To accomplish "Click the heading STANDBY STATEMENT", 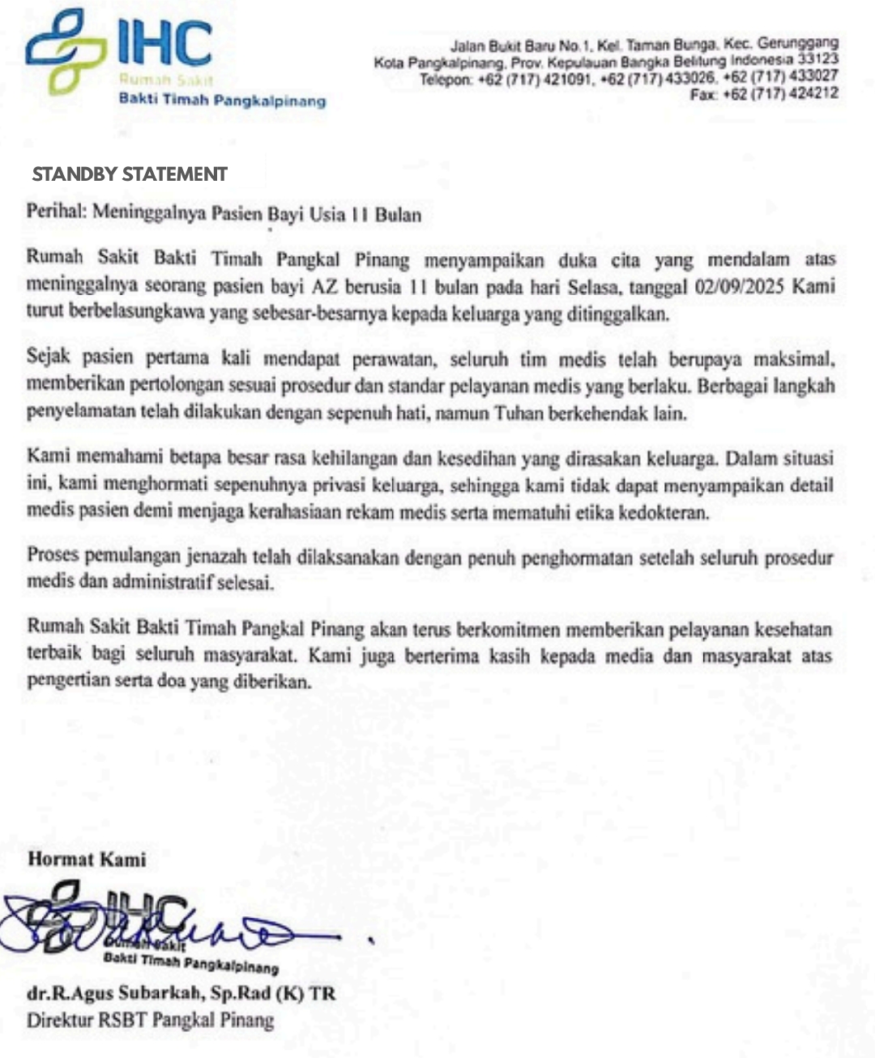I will click(130, 174).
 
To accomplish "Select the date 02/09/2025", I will click(740, 287).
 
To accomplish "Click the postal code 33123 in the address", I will click(817, 59).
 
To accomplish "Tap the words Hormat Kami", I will click(87, 859).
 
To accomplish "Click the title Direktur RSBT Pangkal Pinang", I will click(150, 1020).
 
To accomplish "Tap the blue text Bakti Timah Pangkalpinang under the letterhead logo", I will click(222, 100).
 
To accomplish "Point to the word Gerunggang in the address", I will click(797, 42).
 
